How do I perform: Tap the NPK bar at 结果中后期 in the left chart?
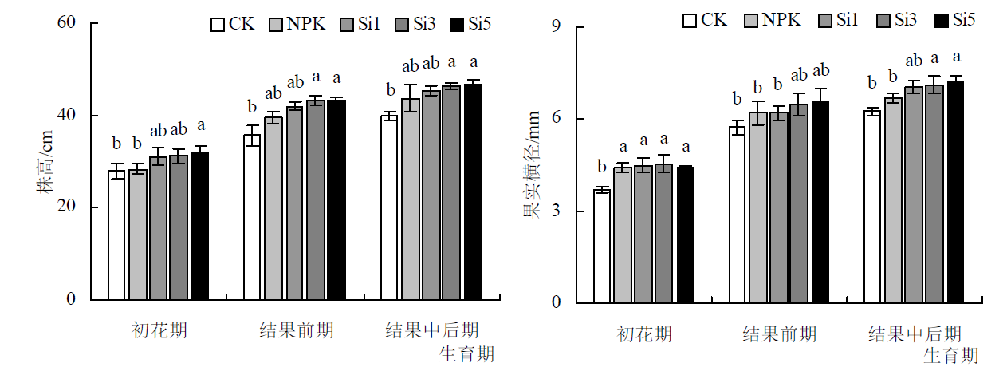(410, 199)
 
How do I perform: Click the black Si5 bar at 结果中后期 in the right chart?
(955, 192)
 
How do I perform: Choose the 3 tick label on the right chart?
(557, 211)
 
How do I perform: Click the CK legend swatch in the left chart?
(217, 24)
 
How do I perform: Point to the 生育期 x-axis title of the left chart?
(467, 353)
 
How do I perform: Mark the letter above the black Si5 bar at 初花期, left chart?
(200, 125)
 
